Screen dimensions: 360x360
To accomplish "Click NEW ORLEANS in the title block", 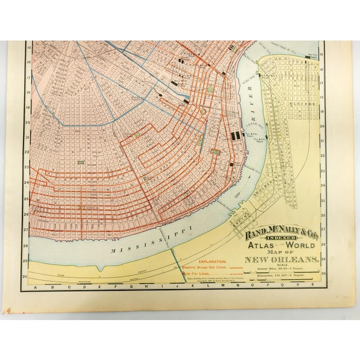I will (x=279, y=259).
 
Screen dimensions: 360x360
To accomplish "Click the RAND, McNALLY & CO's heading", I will (x=278, y=228).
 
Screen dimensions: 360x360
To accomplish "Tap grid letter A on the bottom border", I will (x=35, y=288).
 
